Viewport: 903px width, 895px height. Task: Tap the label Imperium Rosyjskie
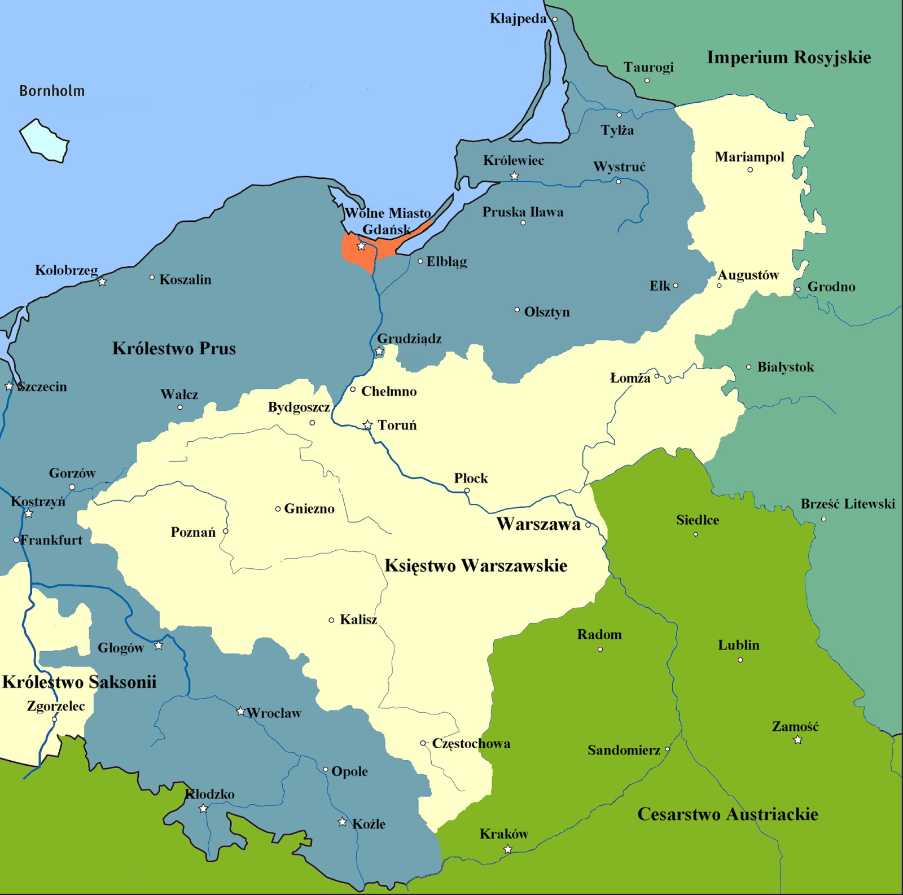788,58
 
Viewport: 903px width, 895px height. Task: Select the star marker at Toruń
367,424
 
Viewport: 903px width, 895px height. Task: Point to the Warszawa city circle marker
588,525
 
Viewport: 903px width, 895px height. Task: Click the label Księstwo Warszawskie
476,565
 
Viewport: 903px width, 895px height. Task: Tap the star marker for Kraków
507,849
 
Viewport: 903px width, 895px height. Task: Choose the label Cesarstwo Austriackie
727,814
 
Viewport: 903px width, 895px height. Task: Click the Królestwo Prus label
174,348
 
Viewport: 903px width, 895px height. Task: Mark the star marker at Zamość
797,740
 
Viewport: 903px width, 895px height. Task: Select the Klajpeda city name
518,19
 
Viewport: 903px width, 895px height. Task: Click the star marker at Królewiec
514,176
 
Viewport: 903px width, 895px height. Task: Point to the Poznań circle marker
226,531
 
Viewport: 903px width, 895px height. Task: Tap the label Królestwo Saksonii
79,682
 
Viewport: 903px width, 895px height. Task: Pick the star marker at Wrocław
240,711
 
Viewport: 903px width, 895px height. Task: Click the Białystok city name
785,367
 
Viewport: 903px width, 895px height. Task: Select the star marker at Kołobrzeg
102,282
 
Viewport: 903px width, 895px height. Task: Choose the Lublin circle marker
740,660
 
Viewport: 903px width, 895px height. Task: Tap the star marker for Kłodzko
203,809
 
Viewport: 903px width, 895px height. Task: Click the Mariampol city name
749,157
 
